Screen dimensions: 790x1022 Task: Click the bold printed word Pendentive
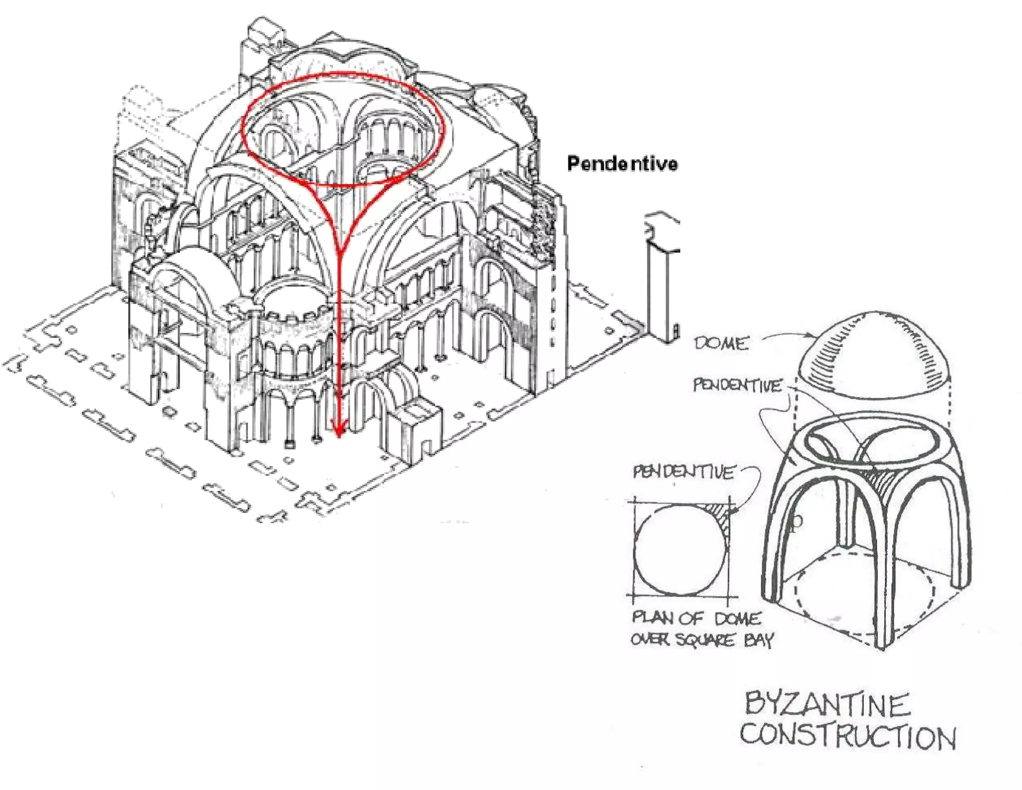(622, 164)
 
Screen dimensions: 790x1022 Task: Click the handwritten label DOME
(721, 343)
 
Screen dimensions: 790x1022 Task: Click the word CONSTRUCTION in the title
(847, 737)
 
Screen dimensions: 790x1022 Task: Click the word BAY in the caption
(759, 640)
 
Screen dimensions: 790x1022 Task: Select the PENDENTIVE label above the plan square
(683, 472)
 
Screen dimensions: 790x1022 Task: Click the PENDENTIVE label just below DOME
(737, 385)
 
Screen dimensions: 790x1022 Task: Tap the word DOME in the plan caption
(738, 619)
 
